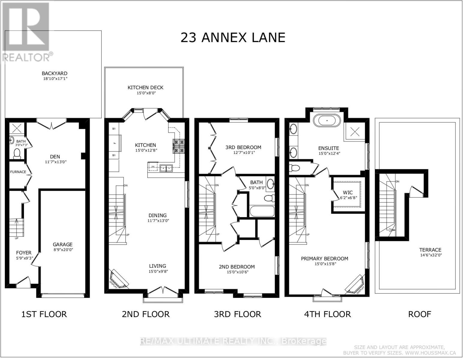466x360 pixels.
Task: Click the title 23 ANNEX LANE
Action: coord(233,38)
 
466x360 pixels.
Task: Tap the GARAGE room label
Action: coord(63,244)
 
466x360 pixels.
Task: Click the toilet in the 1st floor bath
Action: coord(17,153)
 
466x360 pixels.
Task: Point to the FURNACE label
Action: coord(18,172)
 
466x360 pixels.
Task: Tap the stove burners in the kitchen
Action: coord(179,145)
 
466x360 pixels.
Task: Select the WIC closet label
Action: coord(348,192)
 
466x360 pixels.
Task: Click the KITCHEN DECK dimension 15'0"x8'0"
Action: coord(146,93)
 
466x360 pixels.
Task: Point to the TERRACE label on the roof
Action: coord(430,250)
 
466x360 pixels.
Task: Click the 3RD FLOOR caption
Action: coord(237,314)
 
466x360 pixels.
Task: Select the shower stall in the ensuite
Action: coord(355,131)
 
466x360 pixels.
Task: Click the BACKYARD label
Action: coord(54,73)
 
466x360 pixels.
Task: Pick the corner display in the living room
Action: coord(119,278)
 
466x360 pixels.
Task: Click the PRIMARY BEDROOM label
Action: coord(324,259)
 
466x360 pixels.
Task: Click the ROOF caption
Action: coord(419,314)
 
